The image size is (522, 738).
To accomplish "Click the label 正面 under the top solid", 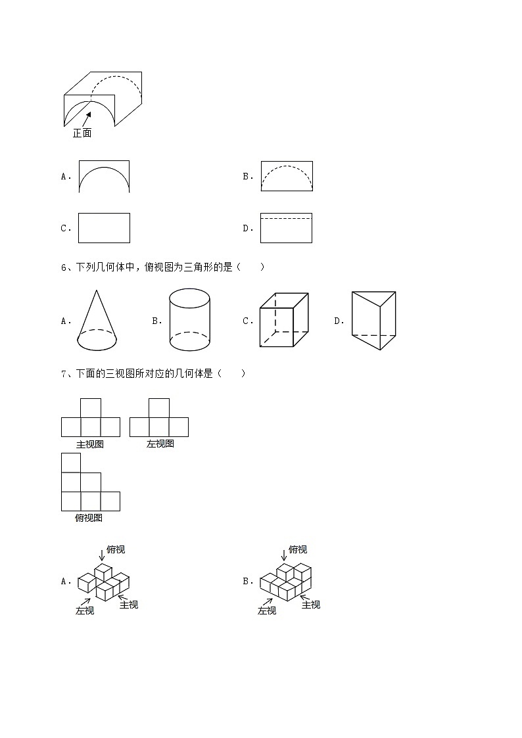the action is tap(82, 133).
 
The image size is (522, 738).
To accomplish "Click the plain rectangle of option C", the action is tap(104, 228).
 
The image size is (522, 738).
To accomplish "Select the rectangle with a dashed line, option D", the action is tap(286, 228).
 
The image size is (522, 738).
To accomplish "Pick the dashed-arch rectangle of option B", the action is tap(287, 176).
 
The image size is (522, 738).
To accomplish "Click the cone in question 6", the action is tap(97, 320).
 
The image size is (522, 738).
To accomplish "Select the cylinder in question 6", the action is tap(190, 319).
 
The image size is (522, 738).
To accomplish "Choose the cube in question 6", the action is tap(284, 320).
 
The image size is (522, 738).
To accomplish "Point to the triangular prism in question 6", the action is tap(373, 321).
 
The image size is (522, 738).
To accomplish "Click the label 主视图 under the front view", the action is tap(90, 444).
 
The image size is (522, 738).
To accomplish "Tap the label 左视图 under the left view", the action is tap(160, 444).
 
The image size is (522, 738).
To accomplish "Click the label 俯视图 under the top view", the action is tap(89, 518).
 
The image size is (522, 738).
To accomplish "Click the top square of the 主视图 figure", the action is tap(90, 408).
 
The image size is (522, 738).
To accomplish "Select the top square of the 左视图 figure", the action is tap(159, 408).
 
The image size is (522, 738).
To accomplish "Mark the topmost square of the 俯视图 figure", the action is tap(70, 463).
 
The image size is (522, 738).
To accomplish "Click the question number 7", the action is tap(64, 374).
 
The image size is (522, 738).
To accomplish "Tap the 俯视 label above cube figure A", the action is tap(116, 549).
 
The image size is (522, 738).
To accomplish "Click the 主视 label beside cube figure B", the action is tap(311, 605).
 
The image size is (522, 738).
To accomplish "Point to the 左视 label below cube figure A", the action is tap(85, 611).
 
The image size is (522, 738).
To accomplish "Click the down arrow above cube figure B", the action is tap(284, 555).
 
